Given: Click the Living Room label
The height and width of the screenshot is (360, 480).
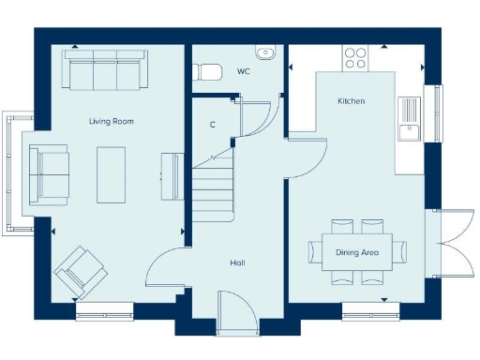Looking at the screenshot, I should [112, 121].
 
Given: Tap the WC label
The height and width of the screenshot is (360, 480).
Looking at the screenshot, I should [244, 71].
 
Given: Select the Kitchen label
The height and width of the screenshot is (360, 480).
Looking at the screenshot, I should [352, 101].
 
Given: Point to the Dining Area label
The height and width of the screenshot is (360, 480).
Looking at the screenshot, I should [357, 252].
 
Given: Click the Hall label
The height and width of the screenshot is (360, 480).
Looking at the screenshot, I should [237, 263].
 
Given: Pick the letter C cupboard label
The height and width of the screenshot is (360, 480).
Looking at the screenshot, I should [214, 125].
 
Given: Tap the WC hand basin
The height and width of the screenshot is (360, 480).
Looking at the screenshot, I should [265, 52].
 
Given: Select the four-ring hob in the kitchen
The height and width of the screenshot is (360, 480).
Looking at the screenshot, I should [355, 57].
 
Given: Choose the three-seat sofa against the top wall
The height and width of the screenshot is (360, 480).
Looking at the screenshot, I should [104, 68].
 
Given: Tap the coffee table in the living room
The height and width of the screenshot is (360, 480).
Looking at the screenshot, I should [112, 174].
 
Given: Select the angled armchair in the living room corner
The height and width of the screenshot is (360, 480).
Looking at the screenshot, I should [81, 271].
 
